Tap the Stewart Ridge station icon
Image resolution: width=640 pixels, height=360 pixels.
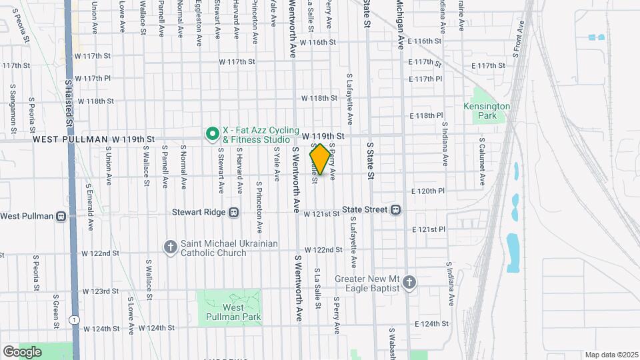(x=233, y=213)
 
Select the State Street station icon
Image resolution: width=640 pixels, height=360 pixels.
(x=395, y=210)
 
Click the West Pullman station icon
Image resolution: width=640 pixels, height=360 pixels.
(x=61, y=216)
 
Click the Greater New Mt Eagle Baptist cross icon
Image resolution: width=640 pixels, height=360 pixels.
(x=409, y=283)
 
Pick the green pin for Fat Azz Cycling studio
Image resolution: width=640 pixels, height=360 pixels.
(x=213, y=135)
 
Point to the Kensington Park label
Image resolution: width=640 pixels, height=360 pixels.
(x=487, y=111)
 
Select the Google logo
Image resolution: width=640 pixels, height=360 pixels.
(x=21, y=351)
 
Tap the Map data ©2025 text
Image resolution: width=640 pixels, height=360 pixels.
(x=611, y=355)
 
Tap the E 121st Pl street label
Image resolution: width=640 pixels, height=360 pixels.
(x=429, y=229)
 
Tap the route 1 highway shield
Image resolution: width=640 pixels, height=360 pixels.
(x=77, y=321)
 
